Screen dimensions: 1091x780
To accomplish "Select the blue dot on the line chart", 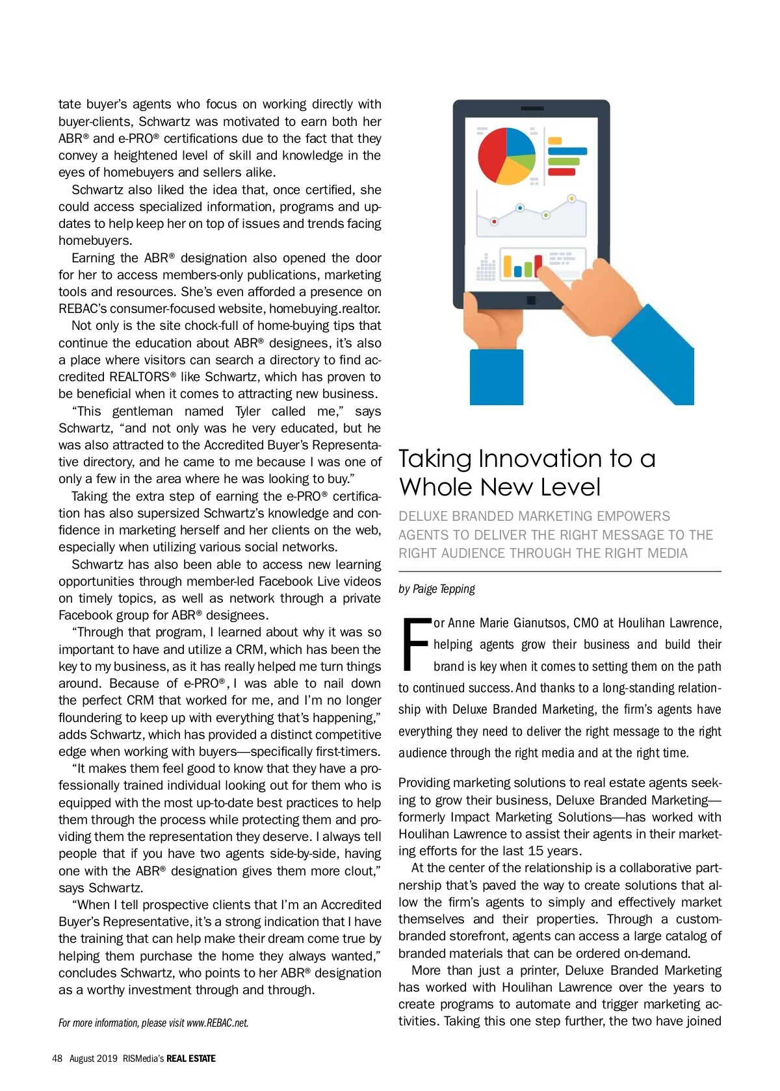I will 520,208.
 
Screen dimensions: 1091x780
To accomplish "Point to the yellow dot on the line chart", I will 571,199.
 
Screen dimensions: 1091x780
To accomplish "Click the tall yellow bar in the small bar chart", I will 508,266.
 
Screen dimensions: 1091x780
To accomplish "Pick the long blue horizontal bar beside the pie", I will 567,151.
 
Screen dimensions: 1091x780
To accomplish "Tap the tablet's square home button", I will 531,301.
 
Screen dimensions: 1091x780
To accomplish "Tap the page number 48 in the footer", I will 57,1059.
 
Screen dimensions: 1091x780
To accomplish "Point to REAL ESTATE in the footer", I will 191,1059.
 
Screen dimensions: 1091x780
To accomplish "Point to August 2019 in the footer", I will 93,1059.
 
